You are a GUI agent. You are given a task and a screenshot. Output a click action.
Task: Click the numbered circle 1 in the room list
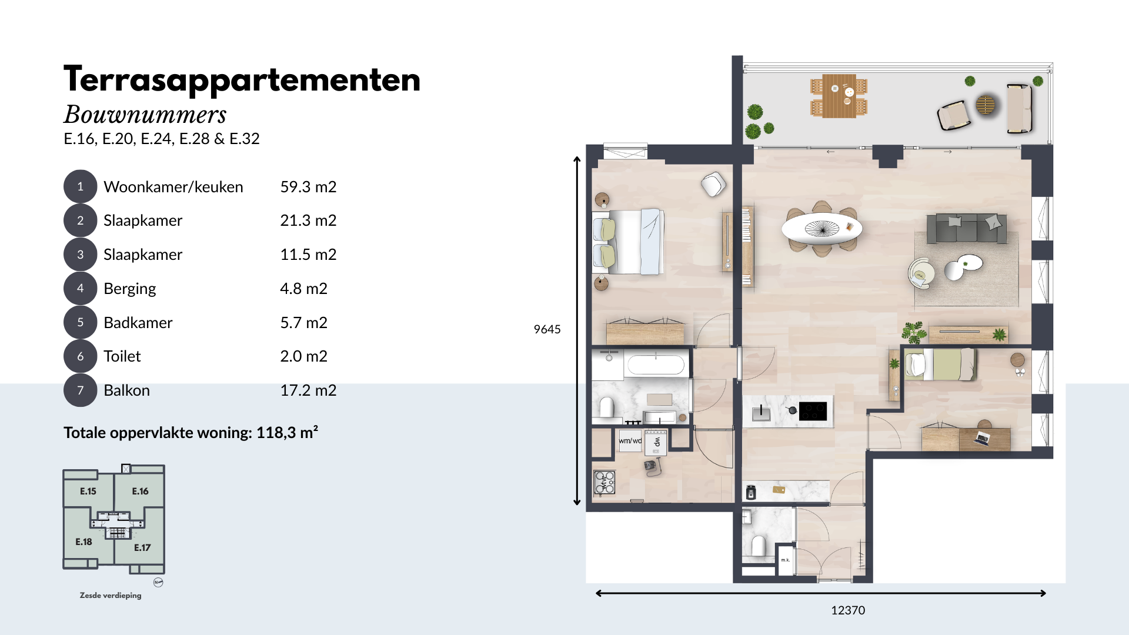pyautogui.click(x=80, y=186)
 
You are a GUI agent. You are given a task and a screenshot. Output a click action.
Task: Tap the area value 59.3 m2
pyautogui.click(x=308, y=187)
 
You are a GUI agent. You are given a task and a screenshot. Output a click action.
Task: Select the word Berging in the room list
pyautogui.click(x=130, y=289)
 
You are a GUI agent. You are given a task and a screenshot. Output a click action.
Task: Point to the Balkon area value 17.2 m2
pyautogui.click(x=308, y=390)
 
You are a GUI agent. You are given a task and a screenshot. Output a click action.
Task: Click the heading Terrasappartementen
pyautogui.click(x=242, y=80)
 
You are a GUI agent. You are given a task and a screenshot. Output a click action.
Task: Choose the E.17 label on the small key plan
pyautogui.click(x=142, y=547)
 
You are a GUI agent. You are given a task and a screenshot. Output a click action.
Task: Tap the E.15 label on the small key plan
pyautogui.click(x=88, y=491)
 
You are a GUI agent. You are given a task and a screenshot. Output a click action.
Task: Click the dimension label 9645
pyautogui.click(x=547, y=329)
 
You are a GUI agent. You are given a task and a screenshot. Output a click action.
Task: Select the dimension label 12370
pyautogui.click(x=848, y=610)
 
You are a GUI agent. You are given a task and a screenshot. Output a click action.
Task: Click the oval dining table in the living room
pyautogui.click(x=821, y=228)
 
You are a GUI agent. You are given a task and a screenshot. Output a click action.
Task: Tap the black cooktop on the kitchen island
pyautogui.click(x=813, y=410)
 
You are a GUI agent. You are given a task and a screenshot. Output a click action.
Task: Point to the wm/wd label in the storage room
pyautogui.click(x=630, y=440)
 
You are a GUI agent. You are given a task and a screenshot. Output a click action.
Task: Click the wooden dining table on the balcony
pyautogui.click(x=839, y=96)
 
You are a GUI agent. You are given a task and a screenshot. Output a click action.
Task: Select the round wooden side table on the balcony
pyautogui.click(x=986, y=105)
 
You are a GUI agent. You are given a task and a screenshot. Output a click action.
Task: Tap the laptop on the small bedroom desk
pyautogui.click(x=982, y=437)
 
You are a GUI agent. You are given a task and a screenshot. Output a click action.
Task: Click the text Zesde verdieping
pyautogui.click(x=111, y=596)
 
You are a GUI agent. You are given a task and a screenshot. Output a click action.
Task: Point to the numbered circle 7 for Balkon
pyautogui.click(x=80, y=390)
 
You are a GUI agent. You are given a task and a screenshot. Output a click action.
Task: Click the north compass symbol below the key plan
pyautogui.click(x=158, y=582)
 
